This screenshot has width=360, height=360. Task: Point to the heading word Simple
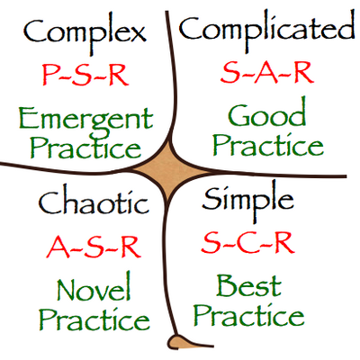247,201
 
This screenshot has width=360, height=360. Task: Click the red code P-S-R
85,75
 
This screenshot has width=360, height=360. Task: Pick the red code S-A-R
267,73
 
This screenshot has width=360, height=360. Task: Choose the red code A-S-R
94,247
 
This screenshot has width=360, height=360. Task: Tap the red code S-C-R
247,243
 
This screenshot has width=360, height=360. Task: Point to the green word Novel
94,286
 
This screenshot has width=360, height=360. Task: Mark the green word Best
248,285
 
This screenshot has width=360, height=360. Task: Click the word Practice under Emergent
85,148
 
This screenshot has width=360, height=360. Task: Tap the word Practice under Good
268,145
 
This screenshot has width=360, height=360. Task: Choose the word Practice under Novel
94,319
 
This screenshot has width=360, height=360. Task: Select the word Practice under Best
249,315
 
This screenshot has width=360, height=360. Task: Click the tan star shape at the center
170,171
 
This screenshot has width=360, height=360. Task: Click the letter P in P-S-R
49,75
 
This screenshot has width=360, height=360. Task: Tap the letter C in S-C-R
247,243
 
